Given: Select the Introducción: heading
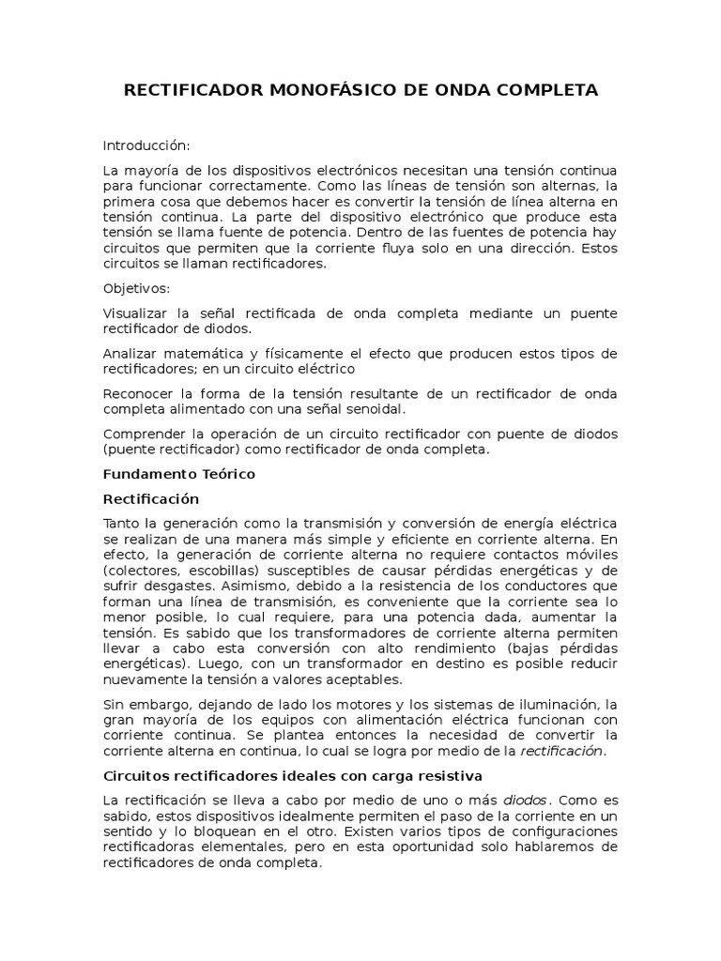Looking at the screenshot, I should pos(146,145).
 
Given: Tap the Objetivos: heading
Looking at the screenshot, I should pos(137,289).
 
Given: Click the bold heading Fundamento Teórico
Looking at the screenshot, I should pos(179,474).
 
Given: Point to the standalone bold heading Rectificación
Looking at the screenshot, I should pos(151,498).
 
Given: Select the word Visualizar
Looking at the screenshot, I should pos(135,313).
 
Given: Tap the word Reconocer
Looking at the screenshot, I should pos(138,393).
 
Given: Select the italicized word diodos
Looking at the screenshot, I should pos(525,801).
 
